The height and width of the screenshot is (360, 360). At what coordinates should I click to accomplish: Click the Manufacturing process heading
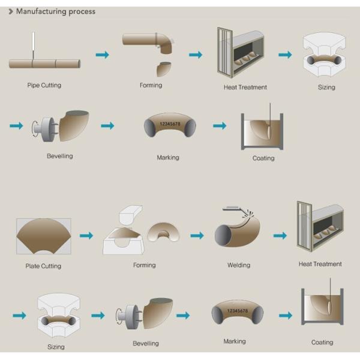coord(56,11)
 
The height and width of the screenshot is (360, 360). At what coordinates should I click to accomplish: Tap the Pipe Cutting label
coord(44,85)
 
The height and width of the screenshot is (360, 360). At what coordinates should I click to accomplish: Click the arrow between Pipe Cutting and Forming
coord(103,55)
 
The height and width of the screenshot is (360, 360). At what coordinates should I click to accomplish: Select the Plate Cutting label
coord(43,266)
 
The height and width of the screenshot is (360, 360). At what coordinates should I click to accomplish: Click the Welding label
coord(239,265)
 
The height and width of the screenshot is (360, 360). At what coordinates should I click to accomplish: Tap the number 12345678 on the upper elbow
coord(170,124)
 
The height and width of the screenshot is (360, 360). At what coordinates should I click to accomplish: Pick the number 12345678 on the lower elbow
coord(238,311)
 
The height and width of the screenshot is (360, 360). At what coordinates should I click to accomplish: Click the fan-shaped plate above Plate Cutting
coord(44,235)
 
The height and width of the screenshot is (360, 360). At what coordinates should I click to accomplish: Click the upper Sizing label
coord(326,87)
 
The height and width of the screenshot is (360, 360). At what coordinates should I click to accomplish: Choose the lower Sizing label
coord(56,347)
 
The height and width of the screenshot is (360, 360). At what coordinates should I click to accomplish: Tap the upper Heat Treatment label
coord(245,87)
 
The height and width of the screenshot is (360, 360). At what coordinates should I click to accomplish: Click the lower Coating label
coord(322,343)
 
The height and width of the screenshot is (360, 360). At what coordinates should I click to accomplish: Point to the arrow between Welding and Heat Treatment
coord(280,236)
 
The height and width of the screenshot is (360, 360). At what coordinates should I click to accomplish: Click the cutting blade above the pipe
coord(34,41)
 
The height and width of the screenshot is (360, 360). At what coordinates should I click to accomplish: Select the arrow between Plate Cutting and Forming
coord(86,236)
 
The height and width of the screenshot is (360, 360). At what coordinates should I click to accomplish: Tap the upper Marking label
coord(168,157)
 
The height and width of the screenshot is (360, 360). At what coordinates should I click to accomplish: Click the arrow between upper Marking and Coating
coord(220,125)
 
